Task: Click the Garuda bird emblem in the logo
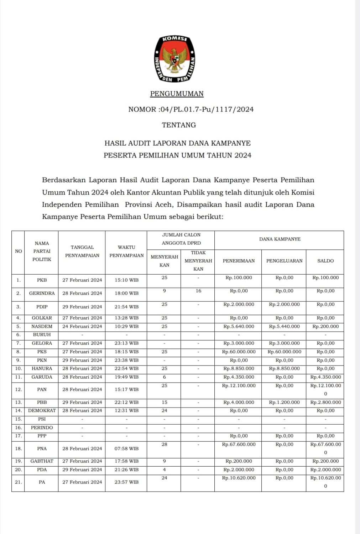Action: [x=174, y=58]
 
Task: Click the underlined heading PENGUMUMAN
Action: [x=177, y=94]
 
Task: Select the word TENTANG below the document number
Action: [x=179, y=125]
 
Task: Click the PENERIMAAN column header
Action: [x=239, y=261]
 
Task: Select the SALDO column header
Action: [x=325, y=261]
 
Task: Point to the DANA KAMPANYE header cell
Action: [x=280, y=239]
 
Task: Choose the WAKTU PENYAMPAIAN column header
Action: [x=126, y=251]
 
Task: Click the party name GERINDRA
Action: [x=42, y=293]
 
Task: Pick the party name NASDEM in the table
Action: [x=42, y=326]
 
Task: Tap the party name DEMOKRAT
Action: [x=42, y=410]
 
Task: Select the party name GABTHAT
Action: [x=42, y=461]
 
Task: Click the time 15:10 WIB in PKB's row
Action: [x=126, y=280]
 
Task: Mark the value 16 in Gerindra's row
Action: [x=198, y=291]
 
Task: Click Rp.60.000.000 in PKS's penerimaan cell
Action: [x=239, y=352]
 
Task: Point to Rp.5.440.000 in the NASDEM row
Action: [x=284, y=326]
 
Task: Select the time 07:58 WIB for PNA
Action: [x=126, y=449]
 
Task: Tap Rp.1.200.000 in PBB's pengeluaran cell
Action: [x=284, y=402]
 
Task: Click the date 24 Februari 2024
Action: [x=82, y=326]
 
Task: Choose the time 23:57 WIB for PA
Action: [x=126, y=482]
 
